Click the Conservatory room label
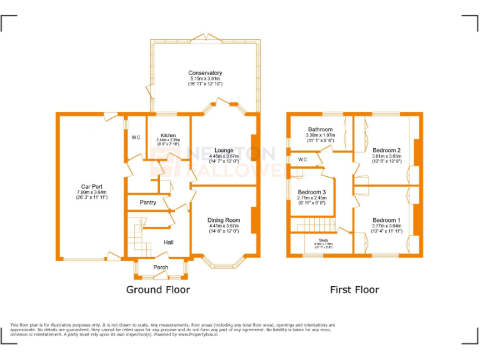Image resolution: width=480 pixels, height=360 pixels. point(205,73)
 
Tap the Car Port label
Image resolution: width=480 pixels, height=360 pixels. point(92,186)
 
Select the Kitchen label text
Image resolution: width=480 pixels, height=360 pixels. point(167,135)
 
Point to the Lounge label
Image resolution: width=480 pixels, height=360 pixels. point(224,150)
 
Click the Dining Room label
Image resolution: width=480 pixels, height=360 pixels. point(224,220)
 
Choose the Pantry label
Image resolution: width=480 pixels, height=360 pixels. point(148,202)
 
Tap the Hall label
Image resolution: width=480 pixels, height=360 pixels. point(169,242)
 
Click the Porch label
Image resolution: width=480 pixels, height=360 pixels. point(161,267)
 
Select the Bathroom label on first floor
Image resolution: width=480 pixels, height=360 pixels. point(320,129)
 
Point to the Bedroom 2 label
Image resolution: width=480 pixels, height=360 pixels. point(386,150)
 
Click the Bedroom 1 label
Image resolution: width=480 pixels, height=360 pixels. point(386,220)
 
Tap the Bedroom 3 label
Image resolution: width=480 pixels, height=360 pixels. point(311,192)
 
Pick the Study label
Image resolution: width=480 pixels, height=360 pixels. point(323,240)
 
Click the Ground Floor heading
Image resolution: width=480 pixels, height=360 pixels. point(158,289)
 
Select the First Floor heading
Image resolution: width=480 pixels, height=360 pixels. point(354,289)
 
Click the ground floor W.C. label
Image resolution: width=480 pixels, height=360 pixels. point(136,137)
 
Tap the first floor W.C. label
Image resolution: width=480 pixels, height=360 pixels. point(302,159)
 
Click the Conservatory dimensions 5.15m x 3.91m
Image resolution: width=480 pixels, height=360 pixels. point(205,79)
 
